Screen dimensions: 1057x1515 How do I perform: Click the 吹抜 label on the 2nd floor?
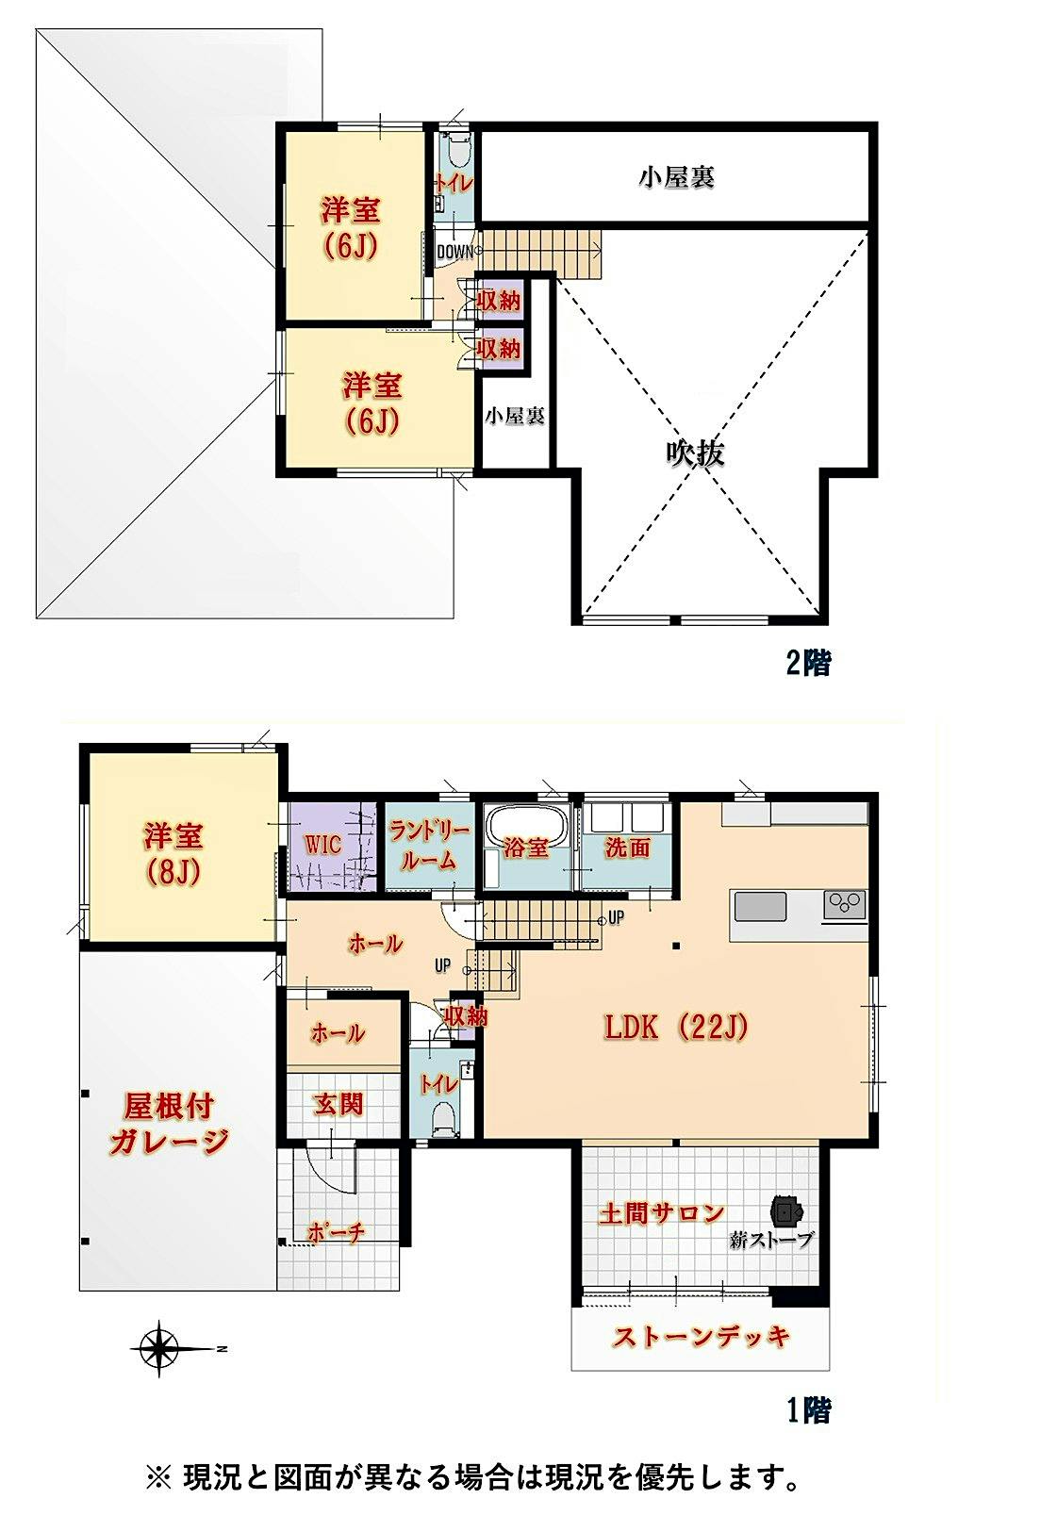pyautogui.click(x=695, y=453)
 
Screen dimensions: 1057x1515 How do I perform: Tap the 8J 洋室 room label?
pyautogui.click(x=173, y=853)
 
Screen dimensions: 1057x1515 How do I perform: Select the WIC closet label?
pyautogui.click(x=322, y=845)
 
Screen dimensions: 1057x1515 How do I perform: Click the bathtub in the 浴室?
pyautogui.click(x=526, y=825)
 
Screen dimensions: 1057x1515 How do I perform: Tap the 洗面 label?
pyautogui.click(x=628, y=848)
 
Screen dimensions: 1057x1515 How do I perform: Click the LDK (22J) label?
pyautogui.click(x=675, y=1028)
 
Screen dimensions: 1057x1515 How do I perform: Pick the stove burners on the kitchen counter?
pyautogui.click(x=844, y=905)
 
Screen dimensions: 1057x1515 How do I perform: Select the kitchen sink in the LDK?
pyautogui.click(x=761, y=906)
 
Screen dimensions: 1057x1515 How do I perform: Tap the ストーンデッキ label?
pyautogui.click(x=701, y=1337)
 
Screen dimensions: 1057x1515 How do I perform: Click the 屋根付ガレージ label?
pyautogui.click(x=168, y=1124)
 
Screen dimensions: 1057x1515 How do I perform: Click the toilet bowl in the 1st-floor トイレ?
pyautogui.click(x=443, y=1116)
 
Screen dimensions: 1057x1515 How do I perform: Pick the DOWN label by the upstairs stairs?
pyautogui.click(x=454, y=252)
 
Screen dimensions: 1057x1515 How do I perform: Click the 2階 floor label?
pyautogui.click(x=808, y=663)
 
